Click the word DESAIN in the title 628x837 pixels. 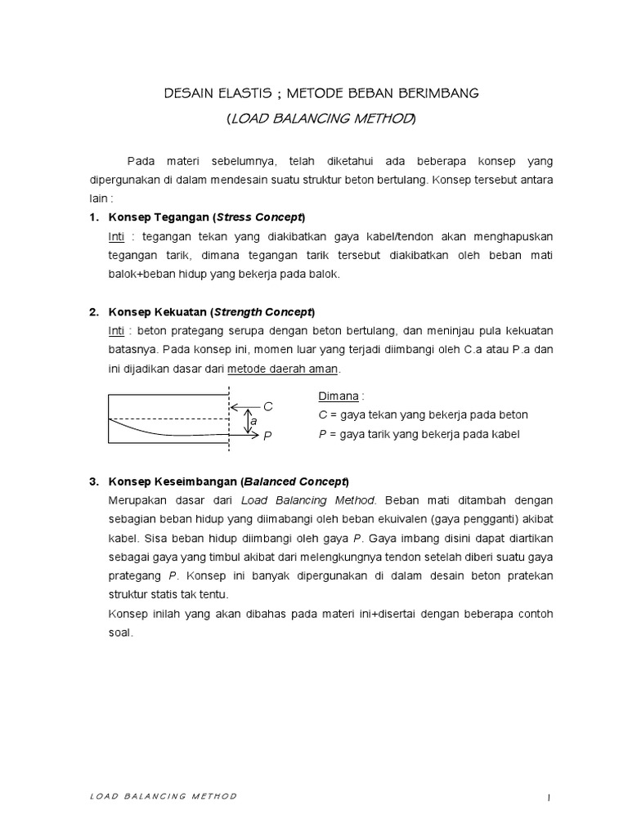point(186,95)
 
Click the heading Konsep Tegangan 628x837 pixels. point(159,217)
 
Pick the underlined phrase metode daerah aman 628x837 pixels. point(282,369)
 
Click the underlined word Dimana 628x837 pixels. point(338,396)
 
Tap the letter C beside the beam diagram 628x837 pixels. point(267,406)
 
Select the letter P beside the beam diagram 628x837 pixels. point(267,437)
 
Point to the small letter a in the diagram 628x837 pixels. point(254,421)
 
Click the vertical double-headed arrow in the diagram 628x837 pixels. point(244,422)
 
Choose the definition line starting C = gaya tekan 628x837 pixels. point(423,415)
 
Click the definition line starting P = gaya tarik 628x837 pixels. point(419,434)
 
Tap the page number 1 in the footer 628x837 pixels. point(551,796)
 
